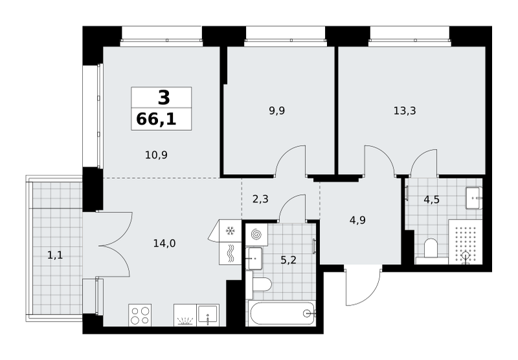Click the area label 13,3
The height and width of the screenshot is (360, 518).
(x=405, y=111)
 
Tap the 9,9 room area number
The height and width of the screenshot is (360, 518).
(x=277, y=111)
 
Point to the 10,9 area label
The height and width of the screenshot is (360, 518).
(x=156, y=155)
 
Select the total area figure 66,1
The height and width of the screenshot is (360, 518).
(x=156, y=119)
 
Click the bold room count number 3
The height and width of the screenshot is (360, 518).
(x=164, y=97)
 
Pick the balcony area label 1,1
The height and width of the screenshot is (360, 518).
(x=55, y=255)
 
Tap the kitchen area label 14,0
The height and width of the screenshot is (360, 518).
(x=164, y=243)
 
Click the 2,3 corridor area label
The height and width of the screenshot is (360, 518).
(x=260, y=199)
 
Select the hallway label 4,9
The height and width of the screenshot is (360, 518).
(x=357, y=220)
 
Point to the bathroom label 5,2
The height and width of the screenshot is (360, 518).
(x=288, y=260)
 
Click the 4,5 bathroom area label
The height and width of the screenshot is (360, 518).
(x=431, y=199)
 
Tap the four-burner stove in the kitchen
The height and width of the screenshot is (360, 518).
(x=140, y=315)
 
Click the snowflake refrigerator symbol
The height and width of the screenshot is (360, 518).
(x=230, y=231)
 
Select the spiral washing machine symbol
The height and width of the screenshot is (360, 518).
(x=256, y=235)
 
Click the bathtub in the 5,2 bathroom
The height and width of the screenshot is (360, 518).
(x=282, y=313)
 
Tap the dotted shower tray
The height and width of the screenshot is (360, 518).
(x=465, y=242)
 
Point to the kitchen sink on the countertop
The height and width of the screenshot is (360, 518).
(x=208, y=315)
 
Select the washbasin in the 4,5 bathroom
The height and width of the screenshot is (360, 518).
(x=474, y=198)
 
